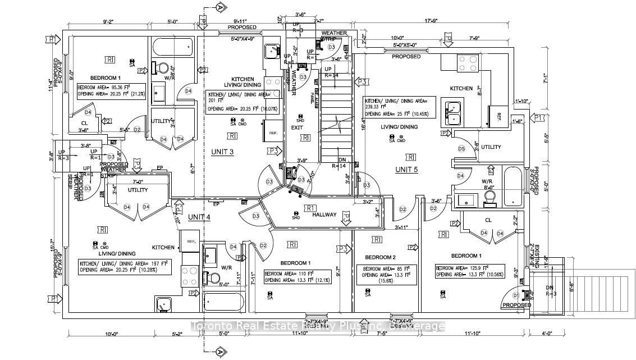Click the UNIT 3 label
pos(222,152)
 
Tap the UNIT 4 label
pos(199,217)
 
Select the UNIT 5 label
pos(407,170)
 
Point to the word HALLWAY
pos(324,215)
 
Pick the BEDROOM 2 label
pos(378,257)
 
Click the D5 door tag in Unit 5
pos(461,149)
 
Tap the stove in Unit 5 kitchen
pos(466,62)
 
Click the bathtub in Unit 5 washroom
pos(513,186)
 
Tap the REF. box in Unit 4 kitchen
pos(190,241)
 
